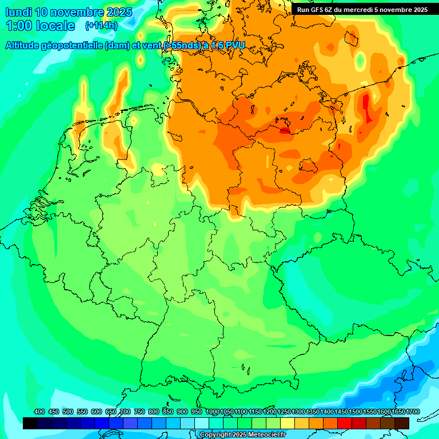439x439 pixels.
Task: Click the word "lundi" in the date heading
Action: click(18, 12)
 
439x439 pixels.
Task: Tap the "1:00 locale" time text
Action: click(40, 26)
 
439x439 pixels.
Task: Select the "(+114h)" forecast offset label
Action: click(101, 26)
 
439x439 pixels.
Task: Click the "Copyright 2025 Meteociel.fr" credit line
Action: click(243, 435)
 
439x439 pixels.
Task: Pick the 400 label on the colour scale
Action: click(39, 412)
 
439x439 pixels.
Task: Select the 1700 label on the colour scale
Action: click(413, 412)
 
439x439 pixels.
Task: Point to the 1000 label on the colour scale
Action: click(212, 412)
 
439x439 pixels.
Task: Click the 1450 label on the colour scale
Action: click(341, 412)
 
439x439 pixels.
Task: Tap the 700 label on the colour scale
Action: click(125, 412)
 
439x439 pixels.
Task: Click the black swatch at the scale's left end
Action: click(30, 423)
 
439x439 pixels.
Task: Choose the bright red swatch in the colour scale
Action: click(345, 423)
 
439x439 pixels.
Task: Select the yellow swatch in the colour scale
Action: click(288, 423)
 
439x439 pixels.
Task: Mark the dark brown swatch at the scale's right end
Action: click(402, 423)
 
